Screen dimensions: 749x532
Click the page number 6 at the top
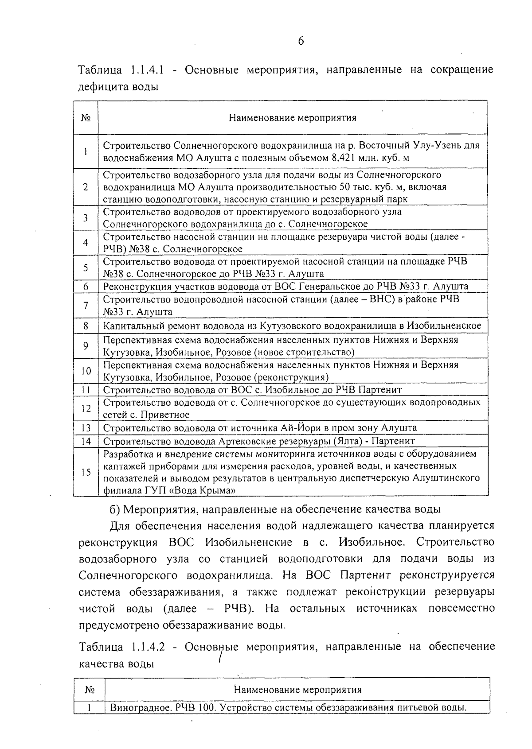301,41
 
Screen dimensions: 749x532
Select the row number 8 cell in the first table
86,326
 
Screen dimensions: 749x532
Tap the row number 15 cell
86,472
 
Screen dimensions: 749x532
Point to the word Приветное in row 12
165,415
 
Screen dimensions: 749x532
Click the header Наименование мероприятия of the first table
293,118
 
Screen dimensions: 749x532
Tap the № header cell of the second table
89,690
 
